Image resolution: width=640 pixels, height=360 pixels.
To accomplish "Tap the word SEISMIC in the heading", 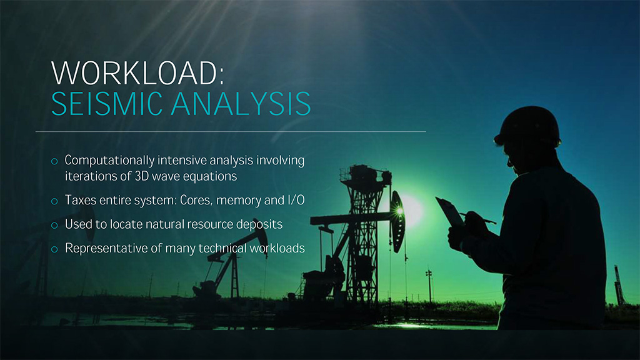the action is pos(107,104).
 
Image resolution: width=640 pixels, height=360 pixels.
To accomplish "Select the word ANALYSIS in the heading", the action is pos(241,104).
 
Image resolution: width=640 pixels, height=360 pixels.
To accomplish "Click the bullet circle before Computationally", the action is pos(54,161).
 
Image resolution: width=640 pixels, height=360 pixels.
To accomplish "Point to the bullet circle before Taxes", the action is pos(54,201).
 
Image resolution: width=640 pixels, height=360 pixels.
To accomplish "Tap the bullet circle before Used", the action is pos(54,225).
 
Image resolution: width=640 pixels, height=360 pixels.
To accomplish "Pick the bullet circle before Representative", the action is pos(54,249).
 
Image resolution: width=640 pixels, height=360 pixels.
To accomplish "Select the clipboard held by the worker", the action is pos(450,212).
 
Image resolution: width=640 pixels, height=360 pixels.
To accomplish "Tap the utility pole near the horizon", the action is pos(429,286).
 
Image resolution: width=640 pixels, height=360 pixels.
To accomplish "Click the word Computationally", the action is pos(110,161).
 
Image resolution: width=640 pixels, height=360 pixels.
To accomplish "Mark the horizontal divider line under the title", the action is pos(231,131).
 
